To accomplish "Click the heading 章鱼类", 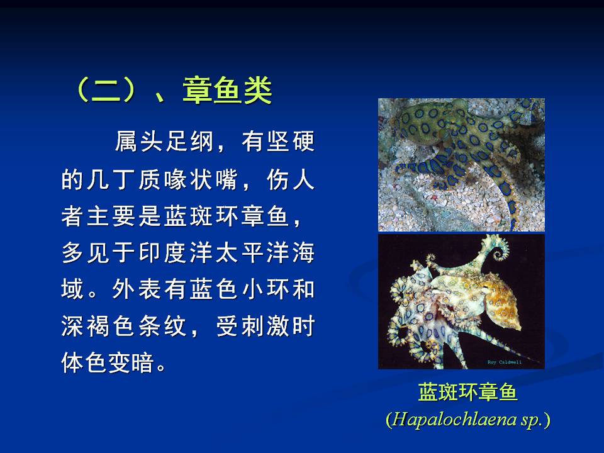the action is pos(227,90).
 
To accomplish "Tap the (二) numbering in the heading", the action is pos(106,90).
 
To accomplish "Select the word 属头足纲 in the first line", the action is pos(164,142).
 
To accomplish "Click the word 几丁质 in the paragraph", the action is pos(125,179).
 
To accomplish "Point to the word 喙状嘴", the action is pos(201,179).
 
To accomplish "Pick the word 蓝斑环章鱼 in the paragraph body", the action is pos(226,216).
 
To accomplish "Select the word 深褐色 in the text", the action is pos(99,326).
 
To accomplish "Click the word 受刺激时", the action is pos(266,326).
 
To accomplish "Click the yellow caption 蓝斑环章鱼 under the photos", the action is pos(467,392).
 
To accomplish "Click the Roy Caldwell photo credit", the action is pos(504,362).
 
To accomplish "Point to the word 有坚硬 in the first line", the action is pos(278,142).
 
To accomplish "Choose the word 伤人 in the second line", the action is pos(291,179).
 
